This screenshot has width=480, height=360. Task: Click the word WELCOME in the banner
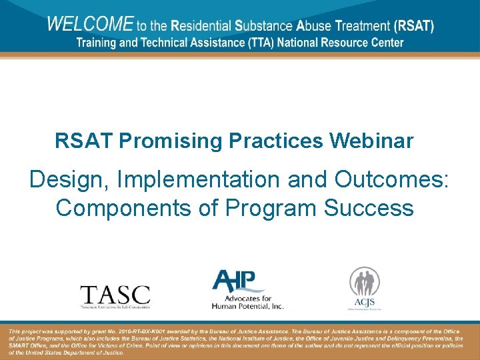pos(90,25)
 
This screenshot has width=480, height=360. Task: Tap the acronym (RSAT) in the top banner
pos(413,27)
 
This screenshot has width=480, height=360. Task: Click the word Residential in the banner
pos(200,27)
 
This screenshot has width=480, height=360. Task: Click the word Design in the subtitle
pos(70,179)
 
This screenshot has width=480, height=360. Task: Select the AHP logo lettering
pos(238,280)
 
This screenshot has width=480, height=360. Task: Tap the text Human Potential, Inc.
pos(247,306)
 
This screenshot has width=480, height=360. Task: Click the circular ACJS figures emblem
pos(365,283)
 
